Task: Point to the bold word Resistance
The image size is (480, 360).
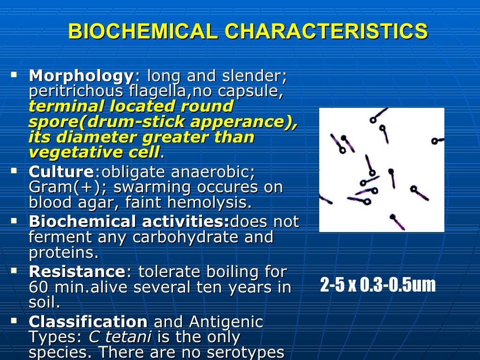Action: coord(77,272)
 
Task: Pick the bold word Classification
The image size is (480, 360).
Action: coord(88,322)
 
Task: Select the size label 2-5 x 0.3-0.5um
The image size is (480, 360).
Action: coord(378,285)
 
